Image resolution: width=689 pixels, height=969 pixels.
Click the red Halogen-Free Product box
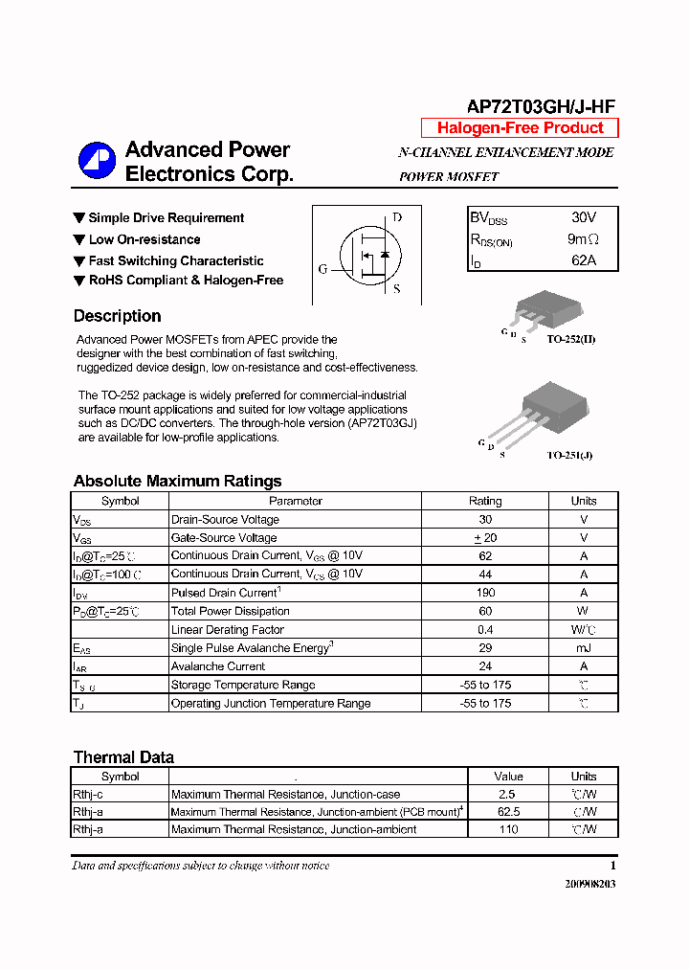(520, 128)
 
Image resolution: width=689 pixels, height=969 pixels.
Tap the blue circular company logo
(96, 161)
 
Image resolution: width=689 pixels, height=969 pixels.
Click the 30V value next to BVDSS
(583, 218)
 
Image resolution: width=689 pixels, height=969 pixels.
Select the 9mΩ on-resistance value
(583, 239)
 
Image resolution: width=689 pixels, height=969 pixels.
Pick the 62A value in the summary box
(583, 260)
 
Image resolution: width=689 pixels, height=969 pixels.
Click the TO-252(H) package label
(571, 340)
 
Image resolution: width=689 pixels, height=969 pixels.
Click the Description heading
(117, 316)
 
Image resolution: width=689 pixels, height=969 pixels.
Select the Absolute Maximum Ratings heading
(177, 481)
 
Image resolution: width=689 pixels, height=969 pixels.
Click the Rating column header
(484, 501)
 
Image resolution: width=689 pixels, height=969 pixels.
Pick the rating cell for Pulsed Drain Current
(484, 593)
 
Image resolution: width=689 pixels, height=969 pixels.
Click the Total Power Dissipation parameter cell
(230, 611)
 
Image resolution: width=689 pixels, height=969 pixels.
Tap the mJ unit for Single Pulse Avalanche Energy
(583, 648)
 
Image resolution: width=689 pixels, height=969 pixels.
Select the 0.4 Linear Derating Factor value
(484, 630)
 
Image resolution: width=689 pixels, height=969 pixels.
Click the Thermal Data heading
(123, 757)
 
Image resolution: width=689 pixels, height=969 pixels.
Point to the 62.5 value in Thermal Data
(508, 812)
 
